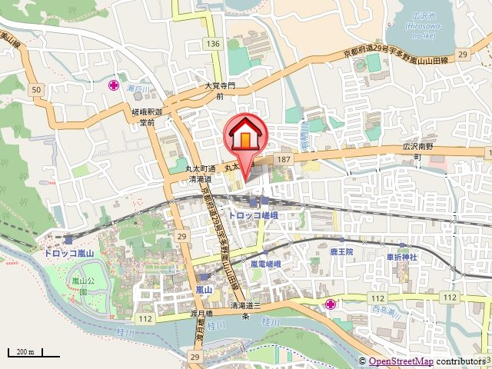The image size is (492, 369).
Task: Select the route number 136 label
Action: tap(213, 44)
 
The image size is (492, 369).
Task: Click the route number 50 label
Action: tap(36, 91)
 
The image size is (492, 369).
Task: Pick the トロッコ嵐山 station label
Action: tap(68, 252)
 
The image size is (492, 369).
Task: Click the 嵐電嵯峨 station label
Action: tap(266, 263)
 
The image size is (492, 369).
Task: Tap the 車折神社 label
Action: tap(401, 256)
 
